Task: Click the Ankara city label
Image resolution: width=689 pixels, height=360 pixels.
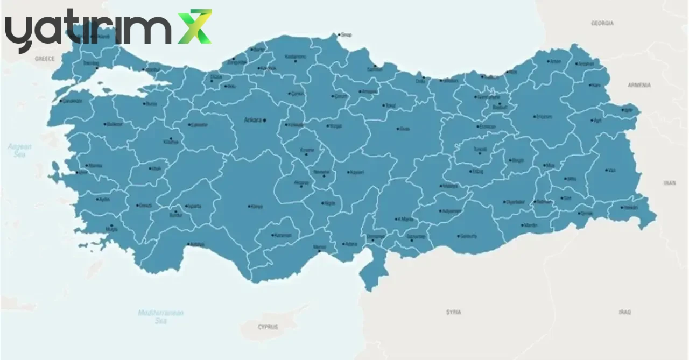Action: point(252,120)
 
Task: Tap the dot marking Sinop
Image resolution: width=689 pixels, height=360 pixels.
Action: point(339,35)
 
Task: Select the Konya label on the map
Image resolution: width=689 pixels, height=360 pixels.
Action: point(257,207)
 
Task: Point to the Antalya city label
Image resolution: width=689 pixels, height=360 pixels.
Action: point(198,244)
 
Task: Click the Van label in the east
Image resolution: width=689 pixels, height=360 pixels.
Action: point(611,170)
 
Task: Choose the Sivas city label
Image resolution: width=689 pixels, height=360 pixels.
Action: point(404,129)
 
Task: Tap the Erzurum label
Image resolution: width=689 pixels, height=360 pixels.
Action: point(544,117)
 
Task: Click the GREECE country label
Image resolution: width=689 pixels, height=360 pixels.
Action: point(45,59)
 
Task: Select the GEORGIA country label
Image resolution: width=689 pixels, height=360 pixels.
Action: point(602,24)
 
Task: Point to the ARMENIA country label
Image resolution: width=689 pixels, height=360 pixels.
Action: point(639,86)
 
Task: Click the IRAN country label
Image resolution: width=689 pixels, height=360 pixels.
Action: point(670,183)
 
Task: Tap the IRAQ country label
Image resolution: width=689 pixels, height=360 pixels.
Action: point(624,312)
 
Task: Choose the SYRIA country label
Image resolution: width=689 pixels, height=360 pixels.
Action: point(454,312)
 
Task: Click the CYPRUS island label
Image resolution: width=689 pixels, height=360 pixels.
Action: point(268,327)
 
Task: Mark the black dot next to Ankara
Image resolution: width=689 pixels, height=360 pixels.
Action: point(264,120)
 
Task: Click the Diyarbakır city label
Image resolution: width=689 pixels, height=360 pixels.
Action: point(515,202)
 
